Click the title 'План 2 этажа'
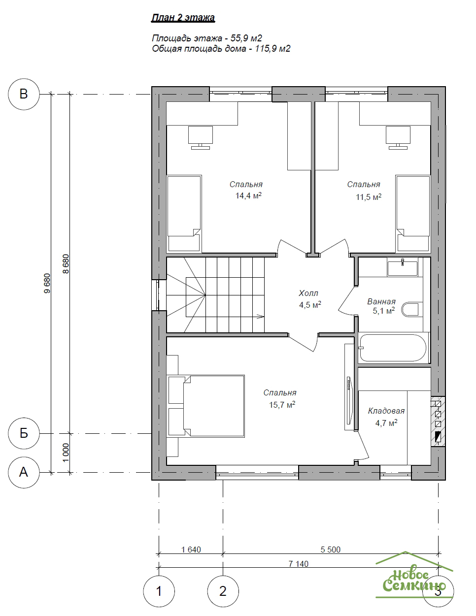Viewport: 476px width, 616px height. (183, 18)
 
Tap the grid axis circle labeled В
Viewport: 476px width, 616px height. (24, 94)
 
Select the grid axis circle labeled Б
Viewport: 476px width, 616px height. (24, 433)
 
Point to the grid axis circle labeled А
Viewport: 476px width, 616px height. (24, 472)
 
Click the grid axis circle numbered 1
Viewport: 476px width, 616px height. (159, 591)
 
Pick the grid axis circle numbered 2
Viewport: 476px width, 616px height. (223, 591)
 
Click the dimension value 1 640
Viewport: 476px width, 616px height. (191, 550)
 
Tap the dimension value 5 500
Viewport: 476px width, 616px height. (331, 550)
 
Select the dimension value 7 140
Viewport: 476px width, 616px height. (299, 564)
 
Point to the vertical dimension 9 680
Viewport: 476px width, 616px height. (47, 283)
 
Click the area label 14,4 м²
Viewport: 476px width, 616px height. (248, 195)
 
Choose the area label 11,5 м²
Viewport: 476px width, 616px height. (369, 197)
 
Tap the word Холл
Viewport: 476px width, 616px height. (308, 293)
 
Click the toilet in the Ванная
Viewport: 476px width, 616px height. (410, 310)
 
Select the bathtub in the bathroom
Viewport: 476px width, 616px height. (393, 348)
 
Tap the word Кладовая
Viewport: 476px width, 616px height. (386, 411)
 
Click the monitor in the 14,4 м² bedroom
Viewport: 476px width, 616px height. (201, 137)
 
